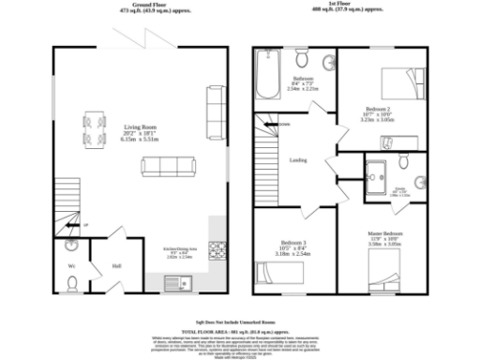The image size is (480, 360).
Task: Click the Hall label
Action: (117, 264)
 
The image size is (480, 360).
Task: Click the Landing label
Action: (299, 159)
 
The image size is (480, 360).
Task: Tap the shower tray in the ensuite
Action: (382, 175)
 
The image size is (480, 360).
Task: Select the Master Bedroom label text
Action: (385, 231)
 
